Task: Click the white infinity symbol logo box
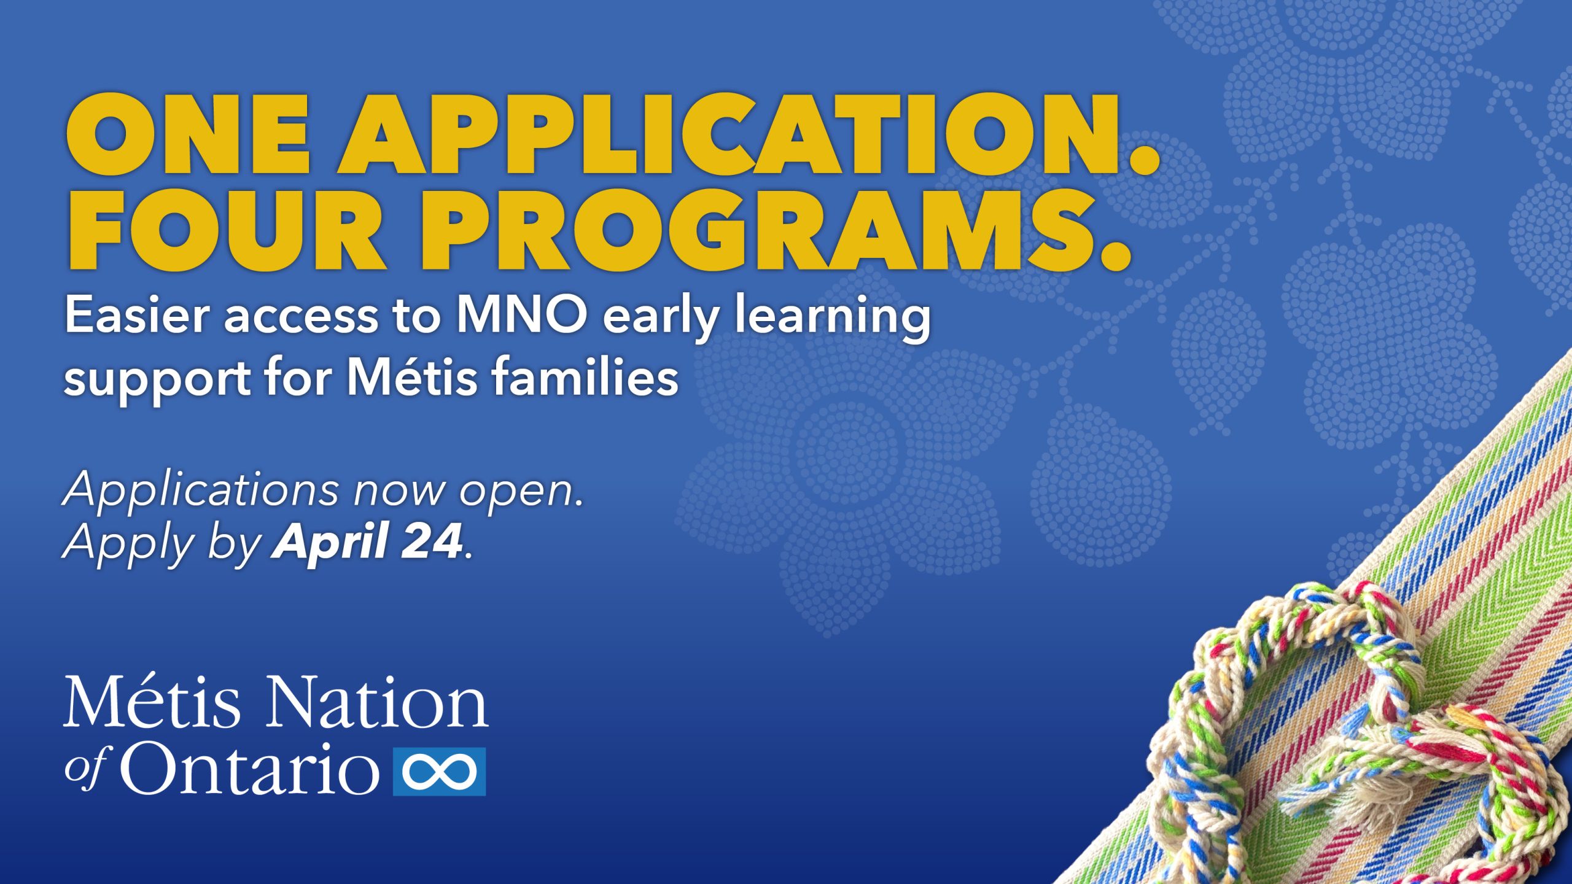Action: click(439, 772)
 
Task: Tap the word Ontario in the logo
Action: click(249, 768)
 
